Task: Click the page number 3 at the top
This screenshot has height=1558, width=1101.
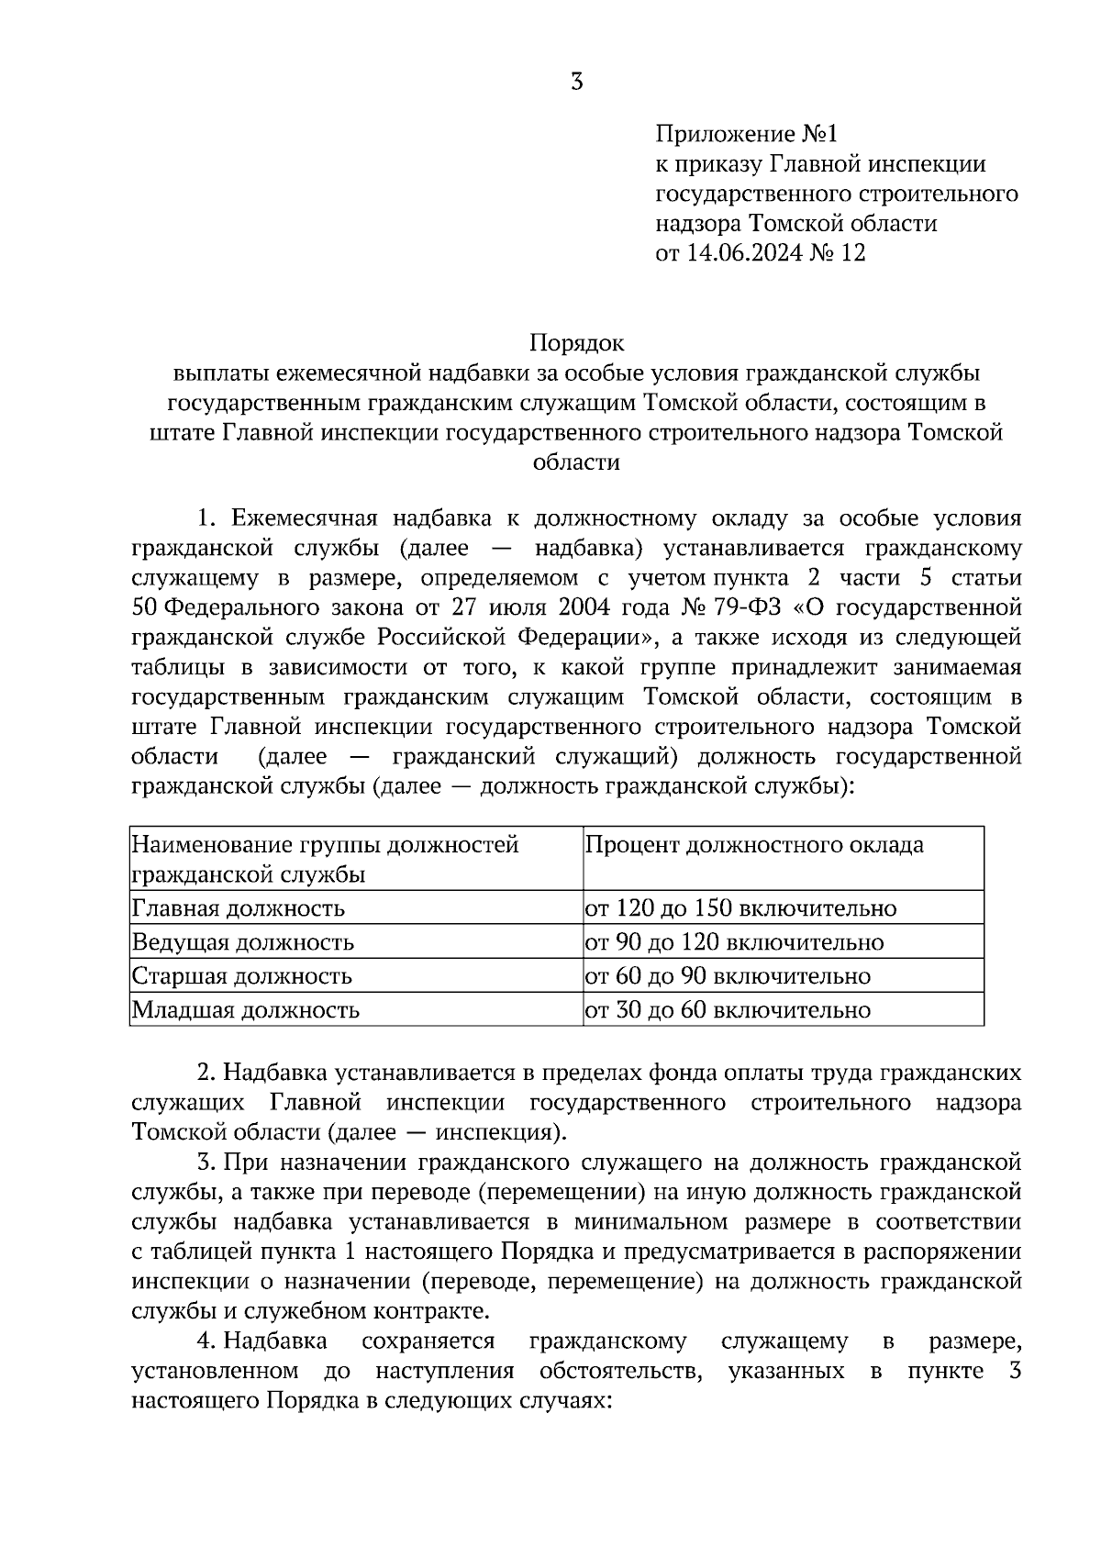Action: pyautogui.click(x=576, y=83)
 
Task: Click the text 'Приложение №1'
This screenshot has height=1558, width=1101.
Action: pyautogui.click(x=746, y=135)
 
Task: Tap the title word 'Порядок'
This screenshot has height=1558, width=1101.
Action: pyautogui.click(x=575, y=343)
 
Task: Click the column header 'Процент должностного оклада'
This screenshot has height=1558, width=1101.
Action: pyautogui.click(x=754, y=844)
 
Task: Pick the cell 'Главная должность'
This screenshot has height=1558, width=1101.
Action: pyautogui.click(x=239, y=908)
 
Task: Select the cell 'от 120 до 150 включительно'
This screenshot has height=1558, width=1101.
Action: pyautogui.click(x=740, y=908)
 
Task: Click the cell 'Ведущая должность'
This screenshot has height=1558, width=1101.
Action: pyautogui.click(x=243, y=942)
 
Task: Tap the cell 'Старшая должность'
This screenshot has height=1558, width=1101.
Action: pyautogui.click(x=241, y=976)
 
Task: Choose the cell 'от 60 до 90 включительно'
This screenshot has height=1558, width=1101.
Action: pyautogui.click(x=728, y=976)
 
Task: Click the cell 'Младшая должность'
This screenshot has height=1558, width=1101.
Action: pyautogui.click(x=245, y=1010)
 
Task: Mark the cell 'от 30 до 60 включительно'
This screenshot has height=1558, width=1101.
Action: pyautogui.click(x=728, y=1010)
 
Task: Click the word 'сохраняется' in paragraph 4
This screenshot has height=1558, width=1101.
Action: pyautogui.click(x=428, y=1341)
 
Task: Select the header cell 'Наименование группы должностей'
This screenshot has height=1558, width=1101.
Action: pyautogui.click(x=326, y=844)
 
